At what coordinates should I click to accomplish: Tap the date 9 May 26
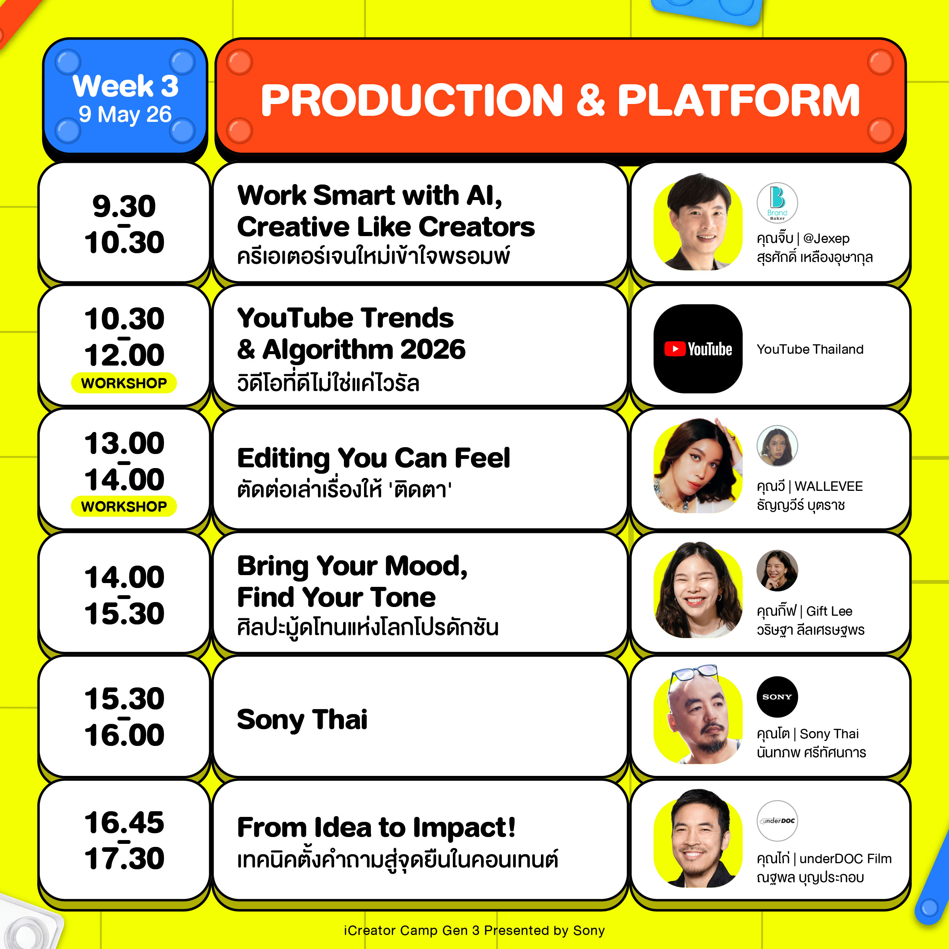125,115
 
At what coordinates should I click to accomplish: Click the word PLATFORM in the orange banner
738,100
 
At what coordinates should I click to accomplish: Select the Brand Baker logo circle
777,203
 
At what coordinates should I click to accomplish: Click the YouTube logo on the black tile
698,349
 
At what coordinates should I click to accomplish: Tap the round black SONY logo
777,697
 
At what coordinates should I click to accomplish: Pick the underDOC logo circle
777,821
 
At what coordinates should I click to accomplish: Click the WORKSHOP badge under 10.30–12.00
124,383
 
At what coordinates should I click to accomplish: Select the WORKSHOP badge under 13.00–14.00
124,506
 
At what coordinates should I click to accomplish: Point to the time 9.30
124,206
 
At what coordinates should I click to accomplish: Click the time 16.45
124,822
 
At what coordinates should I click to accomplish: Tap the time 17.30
124,858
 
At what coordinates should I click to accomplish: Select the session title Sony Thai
302,720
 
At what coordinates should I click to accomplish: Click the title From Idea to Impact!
376,827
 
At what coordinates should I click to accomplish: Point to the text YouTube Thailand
810,349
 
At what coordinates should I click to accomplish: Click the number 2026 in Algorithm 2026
433,349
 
